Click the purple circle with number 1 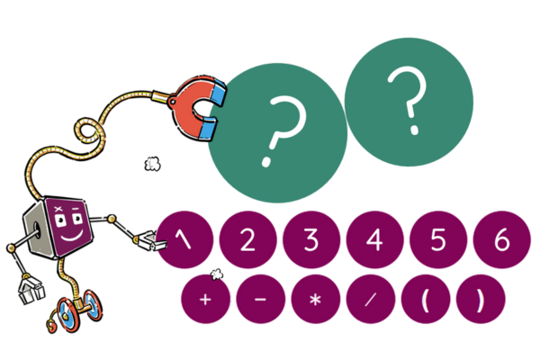click(185, 239)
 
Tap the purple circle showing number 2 click(248, 239)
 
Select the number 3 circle click(311, 239)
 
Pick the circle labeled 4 click(374, 239)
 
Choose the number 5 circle click(437, 239)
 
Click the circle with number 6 click(500, 239)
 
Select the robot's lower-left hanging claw click(30, 291)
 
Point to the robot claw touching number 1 click(146, 239)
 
